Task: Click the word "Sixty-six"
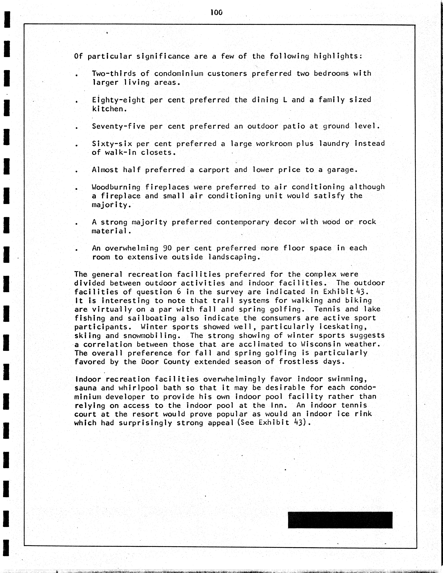point(112,144)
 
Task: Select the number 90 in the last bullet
point(168,248)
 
